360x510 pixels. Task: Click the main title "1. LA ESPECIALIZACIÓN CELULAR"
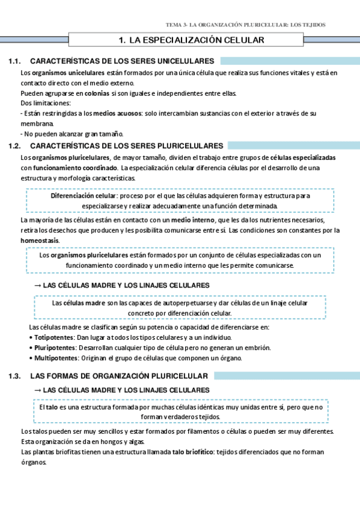(192, 40)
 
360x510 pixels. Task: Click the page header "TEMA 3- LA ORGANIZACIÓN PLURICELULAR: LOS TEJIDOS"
(246, 25)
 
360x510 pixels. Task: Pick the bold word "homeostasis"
(40, 240)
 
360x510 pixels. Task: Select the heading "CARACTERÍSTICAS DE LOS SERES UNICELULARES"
(122, 61)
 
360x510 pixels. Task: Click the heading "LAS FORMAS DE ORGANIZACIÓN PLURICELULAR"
(119, 376)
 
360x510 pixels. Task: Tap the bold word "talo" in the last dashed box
(52, 407)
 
